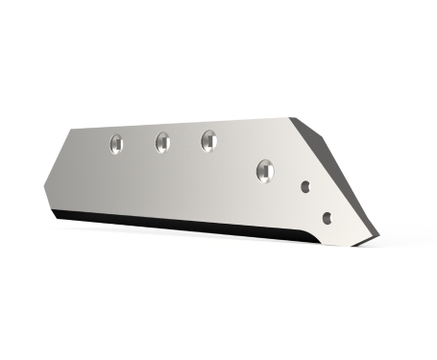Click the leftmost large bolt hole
pos(116,144)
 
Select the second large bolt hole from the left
pos(162,143)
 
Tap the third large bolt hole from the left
pos(208,141)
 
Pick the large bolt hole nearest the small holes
pos(265,171)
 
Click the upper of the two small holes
pos(305,187)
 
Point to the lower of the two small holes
pos(328,218)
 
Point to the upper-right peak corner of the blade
pos(294,119)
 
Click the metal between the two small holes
pos(317,203)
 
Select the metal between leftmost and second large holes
pos(139,144)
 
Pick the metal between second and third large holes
pos(185,142)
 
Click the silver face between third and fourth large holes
pos(236,156)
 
